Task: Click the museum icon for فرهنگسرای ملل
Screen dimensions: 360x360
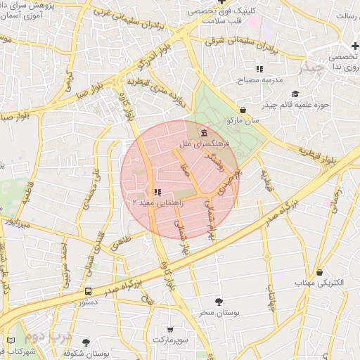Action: point(204,134)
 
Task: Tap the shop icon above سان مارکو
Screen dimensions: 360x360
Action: point(243,110)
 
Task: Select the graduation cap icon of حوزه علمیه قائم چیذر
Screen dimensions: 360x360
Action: point(295,94)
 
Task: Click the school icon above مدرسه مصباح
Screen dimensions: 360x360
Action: point(259,70)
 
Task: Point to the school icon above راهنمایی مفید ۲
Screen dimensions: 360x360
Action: point(157,191)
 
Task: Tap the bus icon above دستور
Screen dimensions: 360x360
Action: point(88,290)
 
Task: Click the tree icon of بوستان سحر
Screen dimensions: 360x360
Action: point(218,301)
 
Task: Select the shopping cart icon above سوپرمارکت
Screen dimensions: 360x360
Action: point(170,329)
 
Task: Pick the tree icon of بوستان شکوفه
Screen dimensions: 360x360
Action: point(86,342)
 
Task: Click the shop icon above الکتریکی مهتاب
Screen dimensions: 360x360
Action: point(320,272)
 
